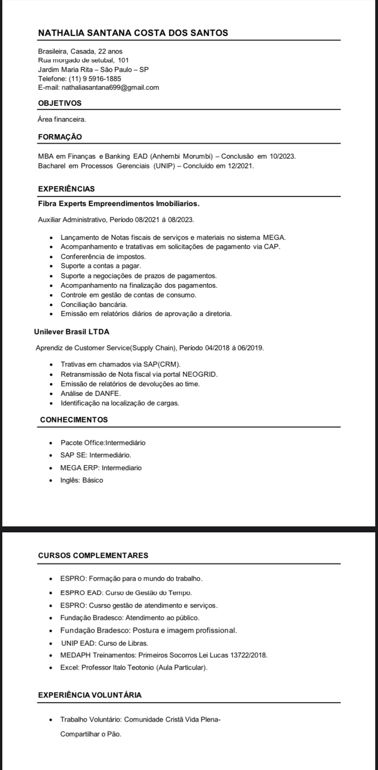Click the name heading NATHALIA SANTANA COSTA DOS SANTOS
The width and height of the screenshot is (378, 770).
[x=133, y=33]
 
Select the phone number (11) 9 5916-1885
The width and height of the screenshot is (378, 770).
[x=95, y=78]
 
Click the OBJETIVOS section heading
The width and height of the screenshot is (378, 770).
[x=60, y=103]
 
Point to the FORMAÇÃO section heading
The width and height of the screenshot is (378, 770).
[x=60, y=137]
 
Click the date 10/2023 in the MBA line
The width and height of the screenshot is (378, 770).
[x=282, y=156]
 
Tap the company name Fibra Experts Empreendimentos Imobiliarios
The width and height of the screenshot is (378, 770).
[x=119, y=203]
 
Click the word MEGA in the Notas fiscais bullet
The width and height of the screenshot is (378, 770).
[x=273, y=237]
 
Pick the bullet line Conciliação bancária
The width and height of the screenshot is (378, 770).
[x=94, y=304]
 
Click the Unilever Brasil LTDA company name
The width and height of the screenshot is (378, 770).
[x=72, y=332]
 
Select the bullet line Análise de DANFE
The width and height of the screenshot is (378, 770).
[x=90, y=393]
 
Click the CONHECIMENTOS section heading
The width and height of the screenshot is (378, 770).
[x=74, y=420]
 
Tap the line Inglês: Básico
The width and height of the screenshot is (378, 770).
[x=82, y=480]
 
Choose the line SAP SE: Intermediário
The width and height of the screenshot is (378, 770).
[x=95, y=455]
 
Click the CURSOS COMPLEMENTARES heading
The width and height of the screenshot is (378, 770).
[x=93, y=556]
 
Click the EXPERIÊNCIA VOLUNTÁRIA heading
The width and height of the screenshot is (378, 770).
[x=90, y=695]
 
